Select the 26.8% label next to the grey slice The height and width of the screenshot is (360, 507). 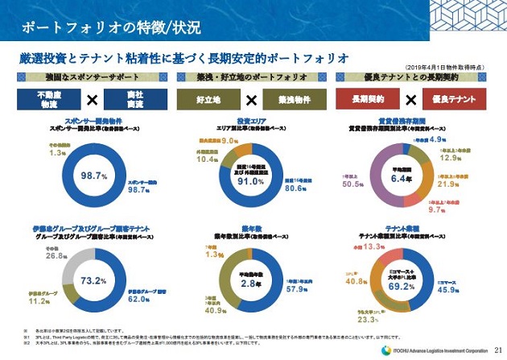coord(56,255)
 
